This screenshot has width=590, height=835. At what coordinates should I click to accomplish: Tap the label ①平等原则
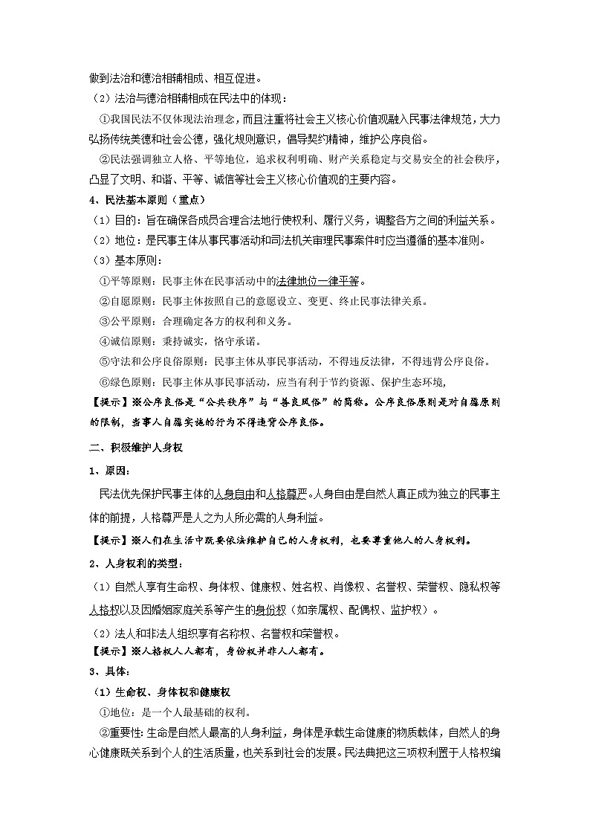tap(123, 281)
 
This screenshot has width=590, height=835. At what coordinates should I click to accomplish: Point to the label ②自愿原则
tap(123, 301)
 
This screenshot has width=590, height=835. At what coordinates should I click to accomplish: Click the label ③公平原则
tap(123, 321)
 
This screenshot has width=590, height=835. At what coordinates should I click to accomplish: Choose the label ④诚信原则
tap(123, 341)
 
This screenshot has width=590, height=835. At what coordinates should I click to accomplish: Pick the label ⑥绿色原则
tap(123, 382)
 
